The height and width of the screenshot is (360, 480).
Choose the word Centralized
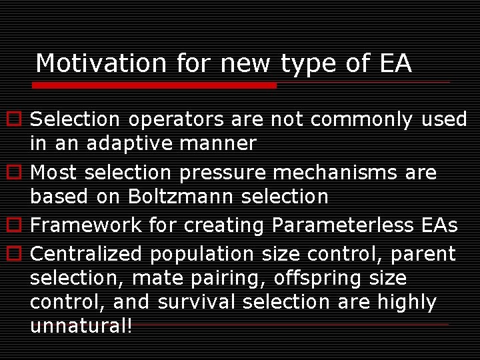click(x=86, y=254)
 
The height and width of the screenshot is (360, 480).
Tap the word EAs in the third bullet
click(x=439, y=225)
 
